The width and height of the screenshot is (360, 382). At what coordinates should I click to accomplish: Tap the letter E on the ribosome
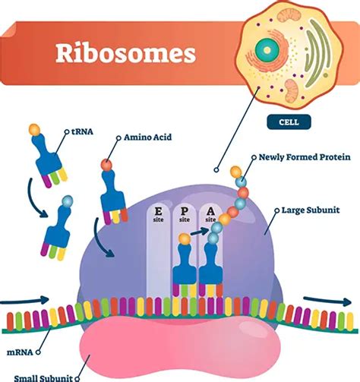pyautogui.click(x=158, y=212)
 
